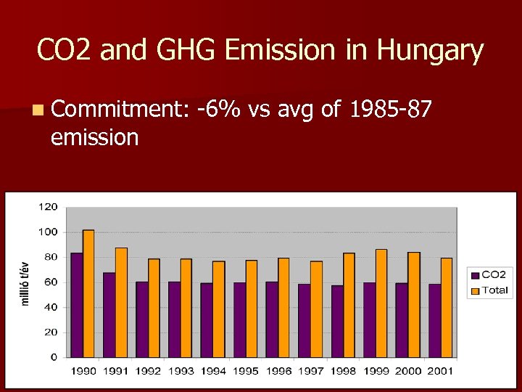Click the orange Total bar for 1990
(88, 293)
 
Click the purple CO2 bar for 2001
(434, 320)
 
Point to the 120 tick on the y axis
(48, 207)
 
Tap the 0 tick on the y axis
(54, 357)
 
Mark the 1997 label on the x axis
(310, 371)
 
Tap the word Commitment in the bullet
(120, 110)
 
